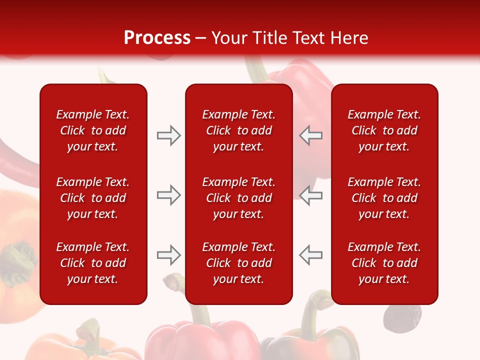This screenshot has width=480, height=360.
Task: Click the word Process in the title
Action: tap(157, 38)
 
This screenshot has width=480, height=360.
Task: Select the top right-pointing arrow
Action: tap(168, 135)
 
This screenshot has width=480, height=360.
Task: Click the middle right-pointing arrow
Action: tap(168, 195)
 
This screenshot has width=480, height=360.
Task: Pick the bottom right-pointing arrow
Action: tap(168, 255)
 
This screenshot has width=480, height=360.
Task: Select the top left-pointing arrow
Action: tap(311, 135)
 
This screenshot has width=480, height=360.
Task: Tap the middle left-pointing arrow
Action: tap(311, 195)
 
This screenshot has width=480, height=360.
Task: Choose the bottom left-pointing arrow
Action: tap(311, 255)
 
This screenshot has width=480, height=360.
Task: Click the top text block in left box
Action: tap(93, 130)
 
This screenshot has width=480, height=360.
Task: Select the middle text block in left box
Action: tap(93, 198)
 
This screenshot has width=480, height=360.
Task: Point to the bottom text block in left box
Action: tap(93, 263)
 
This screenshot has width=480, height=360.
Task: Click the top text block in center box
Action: tap(238, 130)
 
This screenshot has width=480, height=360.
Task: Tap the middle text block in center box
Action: tap(238, 198)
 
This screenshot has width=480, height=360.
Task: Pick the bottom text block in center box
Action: tap(238, 263)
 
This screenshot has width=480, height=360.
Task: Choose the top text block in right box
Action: tap(384, 130)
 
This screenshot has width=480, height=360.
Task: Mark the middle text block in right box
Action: tap(384, 198)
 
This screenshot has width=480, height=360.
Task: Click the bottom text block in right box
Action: tap(384, 263)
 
